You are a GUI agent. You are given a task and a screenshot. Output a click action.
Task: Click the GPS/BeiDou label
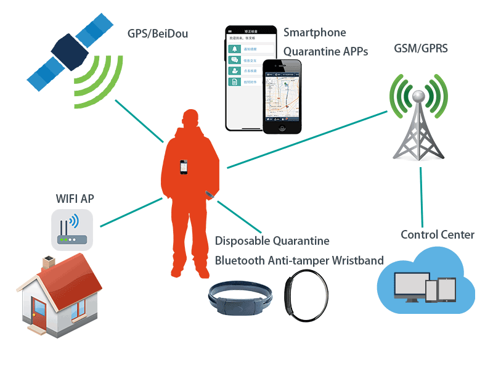(x=157, y=33)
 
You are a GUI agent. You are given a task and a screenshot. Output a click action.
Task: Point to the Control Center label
(x=438, y=234)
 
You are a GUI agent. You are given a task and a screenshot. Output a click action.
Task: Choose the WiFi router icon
(x=72, y=229)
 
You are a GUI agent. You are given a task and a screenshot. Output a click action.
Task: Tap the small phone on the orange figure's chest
(x=184, y=167)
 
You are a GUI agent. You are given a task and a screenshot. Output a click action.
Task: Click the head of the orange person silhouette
(x=190, y=120)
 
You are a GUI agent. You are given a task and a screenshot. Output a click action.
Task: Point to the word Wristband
(x=357, y=260)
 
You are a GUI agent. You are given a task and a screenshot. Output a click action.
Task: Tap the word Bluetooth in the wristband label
(x=239, y=260)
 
